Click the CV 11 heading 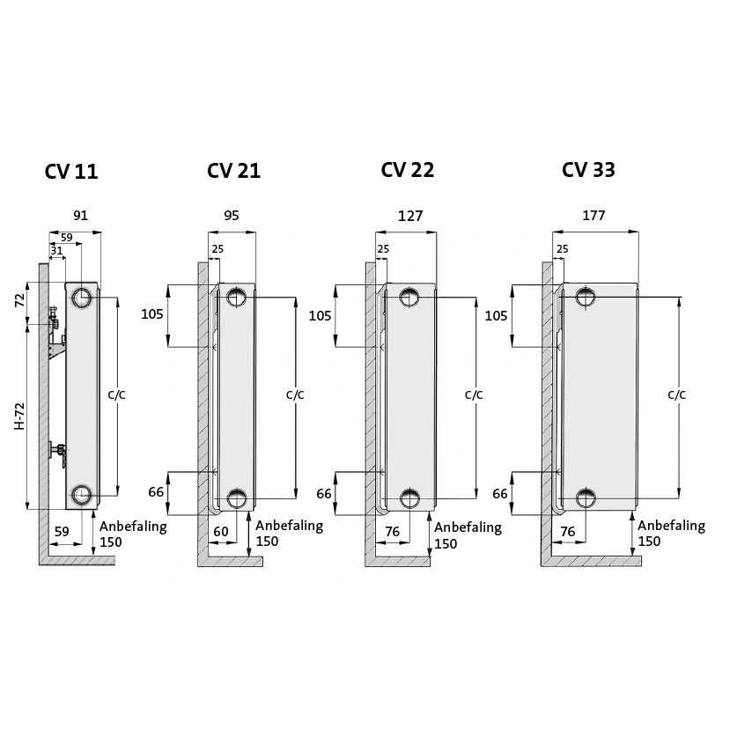click(x=70, y=172)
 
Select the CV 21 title click(x=233, y=171)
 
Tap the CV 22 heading click(x=407, y=170)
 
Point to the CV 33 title click(x=588, y=170)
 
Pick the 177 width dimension click(x=593, y=216)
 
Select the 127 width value click(x=410, y=216)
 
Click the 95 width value click(x=232, y=216)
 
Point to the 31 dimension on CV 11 click(x=56, y=252)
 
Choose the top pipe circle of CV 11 click(x=81, y=297)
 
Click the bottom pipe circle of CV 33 click(x=586, y=498)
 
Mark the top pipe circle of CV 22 click(x=410, y=297)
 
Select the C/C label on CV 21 click(x=294, y=395)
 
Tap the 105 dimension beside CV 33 click(x=497, y=315)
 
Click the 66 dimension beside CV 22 click(x=324, y=493)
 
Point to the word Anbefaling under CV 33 click(x=671, y=526)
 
